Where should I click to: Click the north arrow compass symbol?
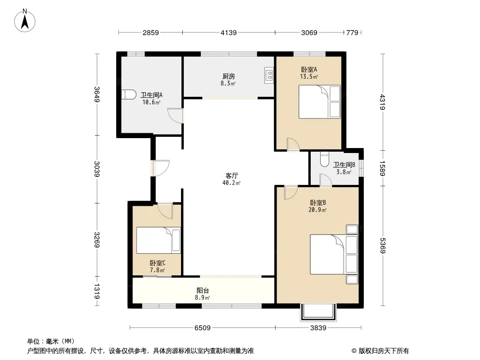click(x=25, y=21)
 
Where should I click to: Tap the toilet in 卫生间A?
click(x=129, y=94)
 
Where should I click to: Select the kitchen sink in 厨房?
click(x=269, y=75)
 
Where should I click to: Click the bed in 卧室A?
click(x=320, y=102)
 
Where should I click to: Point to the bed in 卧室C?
click(x=158, y=240)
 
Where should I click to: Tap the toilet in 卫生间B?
click(x=324, y=159)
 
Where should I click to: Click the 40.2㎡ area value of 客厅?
click(x=231, y=183)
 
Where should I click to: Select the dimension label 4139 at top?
click(x=229, y=32)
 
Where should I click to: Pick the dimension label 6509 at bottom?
click(x=202, y=328)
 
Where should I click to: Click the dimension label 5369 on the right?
click(x=382, y=245)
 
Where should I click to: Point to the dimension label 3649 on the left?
click(x=97, y=94)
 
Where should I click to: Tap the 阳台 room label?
click(x=203, y=291)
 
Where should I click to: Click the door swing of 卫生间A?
click(x=176, y=116)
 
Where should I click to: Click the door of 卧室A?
click(x=293, y=144)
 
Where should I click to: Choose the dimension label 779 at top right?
click(x=352, y=32)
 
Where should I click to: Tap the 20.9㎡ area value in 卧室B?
click(x=318, y=210)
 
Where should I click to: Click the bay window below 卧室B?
click(x=318, y=312)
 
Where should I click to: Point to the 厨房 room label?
click(x=229, y=76)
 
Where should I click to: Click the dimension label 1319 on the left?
click(x=97, y=291)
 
